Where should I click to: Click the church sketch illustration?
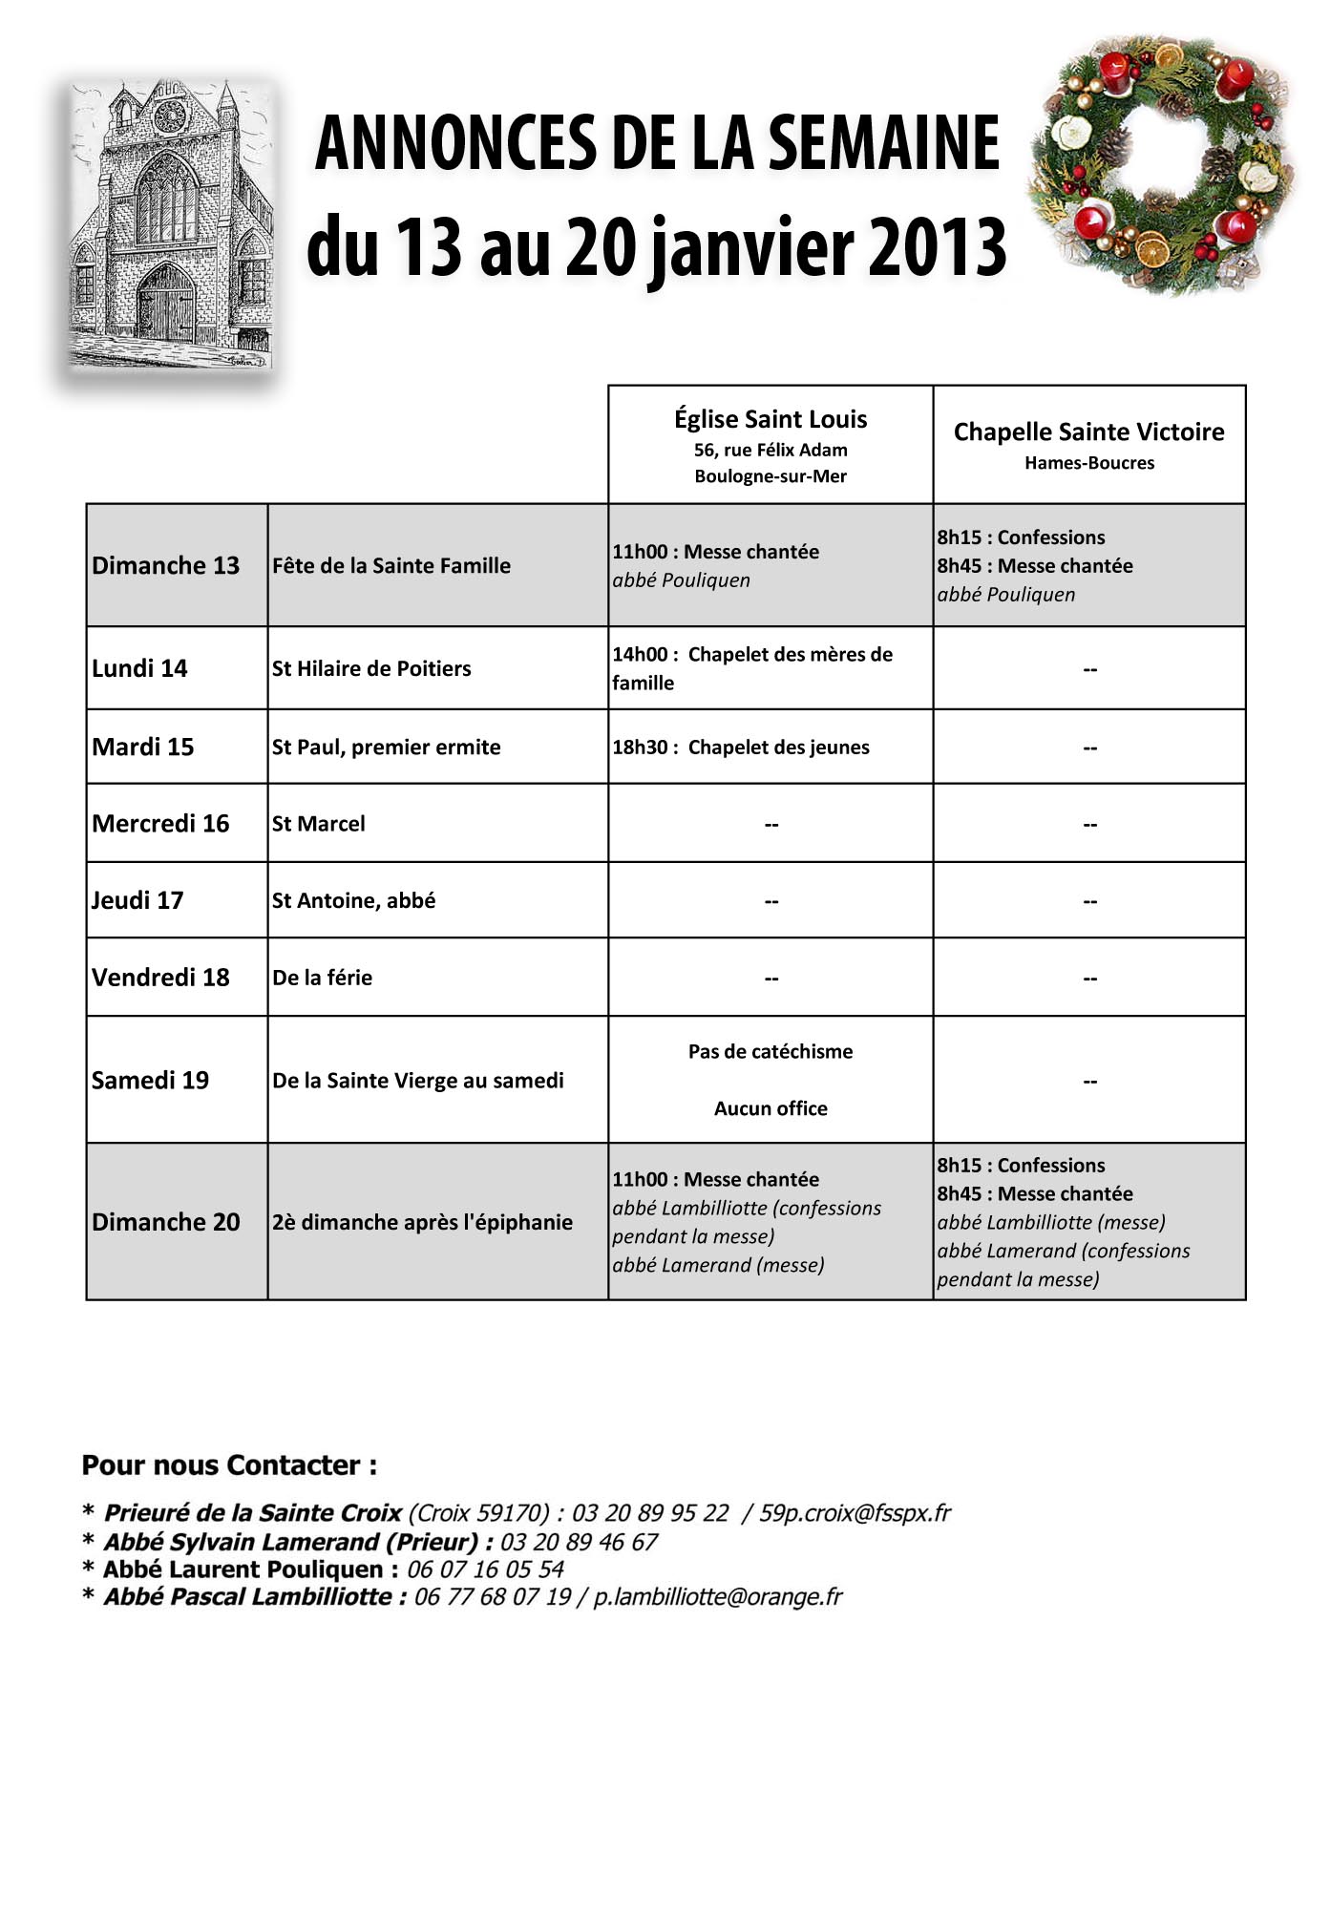(172, 226)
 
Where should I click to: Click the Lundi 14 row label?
(139, 668)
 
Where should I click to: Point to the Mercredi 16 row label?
(160, 823)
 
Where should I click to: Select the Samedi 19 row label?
(150, 1080)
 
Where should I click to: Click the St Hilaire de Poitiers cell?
(371, 668)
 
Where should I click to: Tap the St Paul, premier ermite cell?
(386, 747)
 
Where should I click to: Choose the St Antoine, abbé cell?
(353, 900)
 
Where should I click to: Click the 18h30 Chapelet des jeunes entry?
(741, 747)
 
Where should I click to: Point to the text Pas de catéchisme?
(771, 1051)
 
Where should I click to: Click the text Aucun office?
(771, 1108)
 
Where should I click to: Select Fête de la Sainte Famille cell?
(391, 565)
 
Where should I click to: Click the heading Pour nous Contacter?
(229, 1465)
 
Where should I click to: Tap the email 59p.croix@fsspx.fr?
(855, 1513)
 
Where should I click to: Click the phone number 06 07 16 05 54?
(485, 1569)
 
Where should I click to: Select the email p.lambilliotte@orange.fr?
(718, 1597)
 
